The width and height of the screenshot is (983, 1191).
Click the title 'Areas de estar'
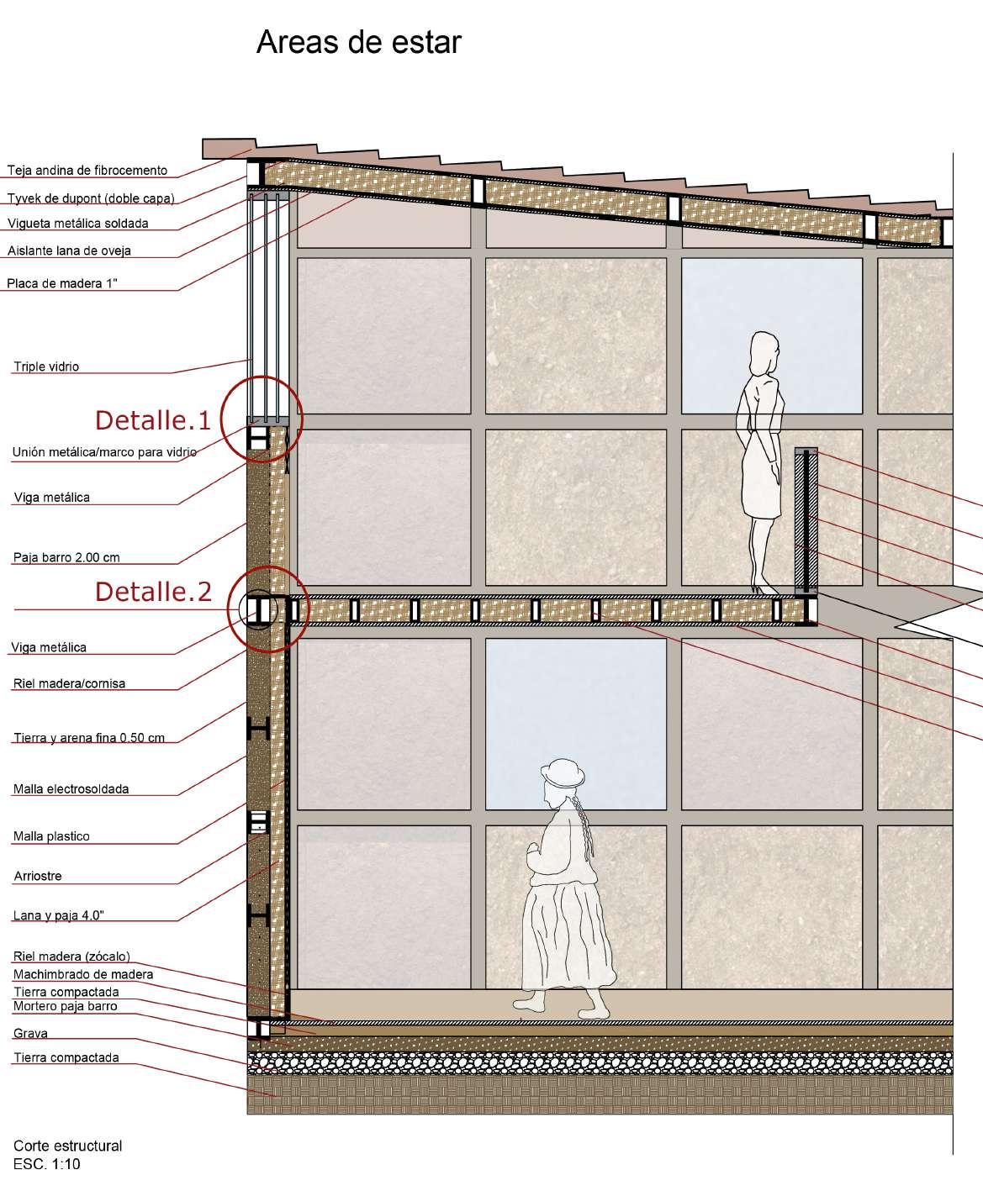coord(358,42)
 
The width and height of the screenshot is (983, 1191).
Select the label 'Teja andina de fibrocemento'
coord(87,171)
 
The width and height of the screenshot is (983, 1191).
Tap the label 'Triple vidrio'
coord(46,366)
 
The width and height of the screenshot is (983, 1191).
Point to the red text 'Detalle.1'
coord(152,419)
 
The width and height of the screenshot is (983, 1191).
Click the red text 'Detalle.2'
coord(153,592)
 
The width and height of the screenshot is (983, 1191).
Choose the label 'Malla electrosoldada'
coord(71,789)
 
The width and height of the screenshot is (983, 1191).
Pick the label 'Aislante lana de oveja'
coord(69,250)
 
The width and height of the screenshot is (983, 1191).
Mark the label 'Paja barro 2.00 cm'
coord(66,557)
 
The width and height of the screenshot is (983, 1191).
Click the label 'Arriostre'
coord(37,876)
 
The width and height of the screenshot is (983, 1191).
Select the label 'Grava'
coord(30,1033)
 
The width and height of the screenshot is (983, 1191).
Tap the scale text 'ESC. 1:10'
coord(47,1164)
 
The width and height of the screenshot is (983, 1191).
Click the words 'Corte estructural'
coord(67,1146)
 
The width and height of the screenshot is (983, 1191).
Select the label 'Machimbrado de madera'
coord(83,974)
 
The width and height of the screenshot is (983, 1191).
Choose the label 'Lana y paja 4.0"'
coord(58,915)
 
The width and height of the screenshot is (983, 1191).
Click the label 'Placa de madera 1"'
coord(62,283)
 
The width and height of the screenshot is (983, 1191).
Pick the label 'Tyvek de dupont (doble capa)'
coord(91,199)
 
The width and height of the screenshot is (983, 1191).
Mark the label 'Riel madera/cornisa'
coord(69,683)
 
